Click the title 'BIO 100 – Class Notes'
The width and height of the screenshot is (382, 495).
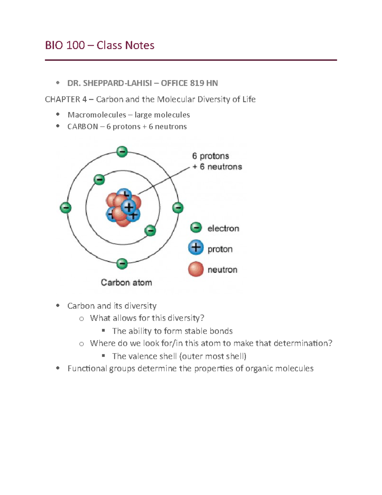(99, 45)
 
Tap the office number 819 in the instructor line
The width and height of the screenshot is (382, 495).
(197, 83)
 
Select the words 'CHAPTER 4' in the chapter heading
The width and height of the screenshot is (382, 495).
(66, 99)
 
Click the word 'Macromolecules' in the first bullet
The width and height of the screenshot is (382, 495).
(97, 115)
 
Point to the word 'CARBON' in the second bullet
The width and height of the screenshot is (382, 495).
(82, 127)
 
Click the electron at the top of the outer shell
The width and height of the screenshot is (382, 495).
(122, 151)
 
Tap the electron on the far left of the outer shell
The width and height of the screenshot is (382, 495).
(66, 208)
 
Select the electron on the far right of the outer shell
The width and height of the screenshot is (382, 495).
(178, 208)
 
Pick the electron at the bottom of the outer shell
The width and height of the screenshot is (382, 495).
(122, 264)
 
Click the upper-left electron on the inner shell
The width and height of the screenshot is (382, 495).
(99, 180)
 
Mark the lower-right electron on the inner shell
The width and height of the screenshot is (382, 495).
(150, 230)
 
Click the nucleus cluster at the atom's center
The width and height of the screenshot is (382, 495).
(123, 207)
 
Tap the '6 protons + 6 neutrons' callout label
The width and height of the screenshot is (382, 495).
(217, 161)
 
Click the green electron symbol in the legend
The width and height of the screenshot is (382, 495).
(196, 228)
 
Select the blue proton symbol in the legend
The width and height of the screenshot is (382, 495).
(196, 248)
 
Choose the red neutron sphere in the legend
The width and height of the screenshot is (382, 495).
(196, 269)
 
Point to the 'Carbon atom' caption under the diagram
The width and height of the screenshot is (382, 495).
(126, 282)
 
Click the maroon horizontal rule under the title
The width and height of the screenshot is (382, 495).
(191, 60)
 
